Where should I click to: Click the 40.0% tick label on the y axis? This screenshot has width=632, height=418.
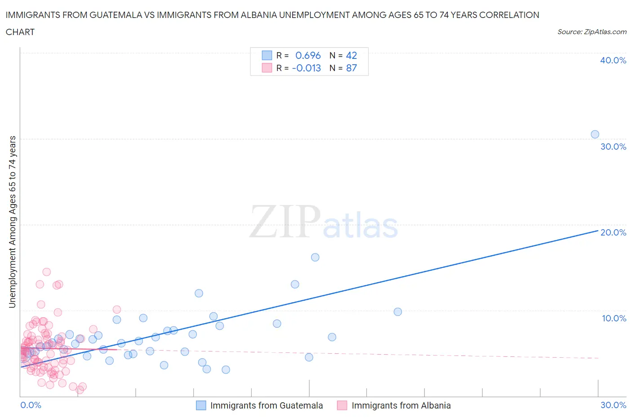click(613, 60)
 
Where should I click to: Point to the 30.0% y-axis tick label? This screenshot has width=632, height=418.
click(613, 147)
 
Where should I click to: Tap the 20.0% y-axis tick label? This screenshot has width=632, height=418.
click(613, 232)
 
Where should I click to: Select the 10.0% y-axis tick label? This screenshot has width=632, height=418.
click(614, 318)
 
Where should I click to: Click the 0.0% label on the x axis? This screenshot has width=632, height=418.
click(31, 405)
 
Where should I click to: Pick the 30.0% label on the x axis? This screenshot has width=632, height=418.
click(613, 405)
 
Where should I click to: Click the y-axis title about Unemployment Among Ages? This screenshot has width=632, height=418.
click(12, 222)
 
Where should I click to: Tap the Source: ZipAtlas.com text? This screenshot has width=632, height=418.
click(592, 31)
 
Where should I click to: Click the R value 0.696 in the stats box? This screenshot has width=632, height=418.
click(308, 55)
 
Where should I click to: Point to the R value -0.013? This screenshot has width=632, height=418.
click(307, 68)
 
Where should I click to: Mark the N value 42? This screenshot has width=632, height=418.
click(351, 55)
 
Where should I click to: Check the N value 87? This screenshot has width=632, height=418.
click(351, 68)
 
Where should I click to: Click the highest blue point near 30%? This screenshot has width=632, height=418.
click(595, 134)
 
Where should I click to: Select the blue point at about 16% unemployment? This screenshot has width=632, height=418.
click(315, 257)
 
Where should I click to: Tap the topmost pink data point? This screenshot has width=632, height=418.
click(46, 272)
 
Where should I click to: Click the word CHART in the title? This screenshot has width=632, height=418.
click(20, 32)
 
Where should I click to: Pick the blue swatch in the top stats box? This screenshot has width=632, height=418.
click(267, 55)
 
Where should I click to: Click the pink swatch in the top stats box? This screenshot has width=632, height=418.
click(267, 68)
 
